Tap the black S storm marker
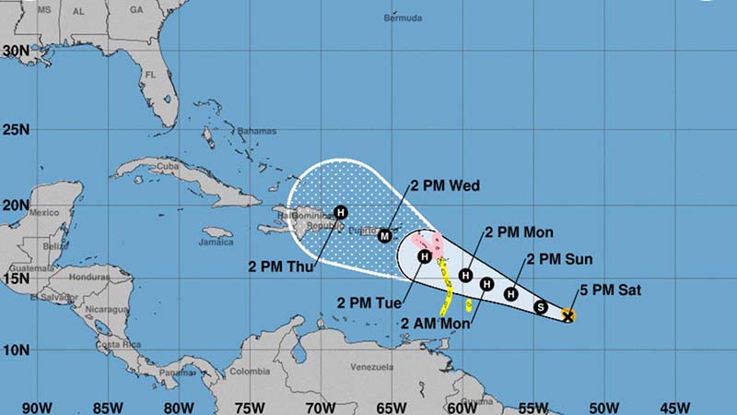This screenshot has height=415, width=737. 541,307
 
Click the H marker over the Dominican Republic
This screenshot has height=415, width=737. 341,212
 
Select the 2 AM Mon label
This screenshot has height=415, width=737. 436,323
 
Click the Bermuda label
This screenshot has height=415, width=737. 404,18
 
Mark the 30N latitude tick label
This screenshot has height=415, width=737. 16,52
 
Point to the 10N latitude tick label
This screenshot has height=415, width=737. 16,350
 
